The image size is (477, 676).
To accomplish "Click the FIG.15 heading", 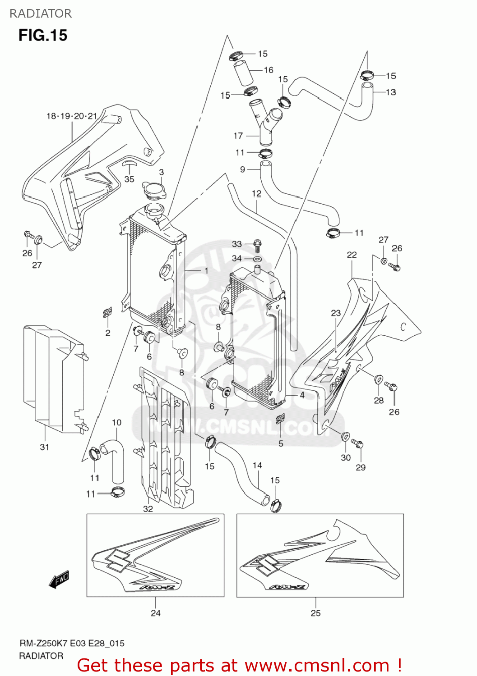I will pos(43,35).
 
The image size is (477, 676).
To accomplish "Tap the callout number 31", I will pos(44,447).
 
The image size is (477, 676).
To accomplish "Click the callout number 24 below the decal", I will pos(155,613).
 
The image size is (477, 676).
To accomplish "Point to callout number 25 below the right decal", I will pos(315,613).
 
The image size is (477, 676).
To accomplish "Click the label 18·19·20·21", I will pos(72,116).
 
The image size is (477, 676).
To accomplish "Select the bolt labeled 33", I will pos(257,245).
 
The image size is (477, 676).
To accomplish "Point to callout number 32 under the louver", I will pos(148,509).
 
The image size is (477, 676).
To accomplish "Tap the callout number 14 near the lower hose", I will pos(257,465).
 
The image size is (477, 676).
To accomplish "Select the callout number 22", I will pos(352,255).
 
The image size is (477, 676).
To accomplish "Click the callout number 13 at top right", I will pos(391,92).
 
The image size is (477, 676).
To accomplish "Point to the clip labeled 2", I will pos(107,312).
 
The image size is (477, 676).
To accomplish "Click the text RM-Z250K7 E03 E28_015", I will pos(72,643).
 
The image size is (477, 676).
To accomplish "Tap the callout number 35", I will pos(129,179).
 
